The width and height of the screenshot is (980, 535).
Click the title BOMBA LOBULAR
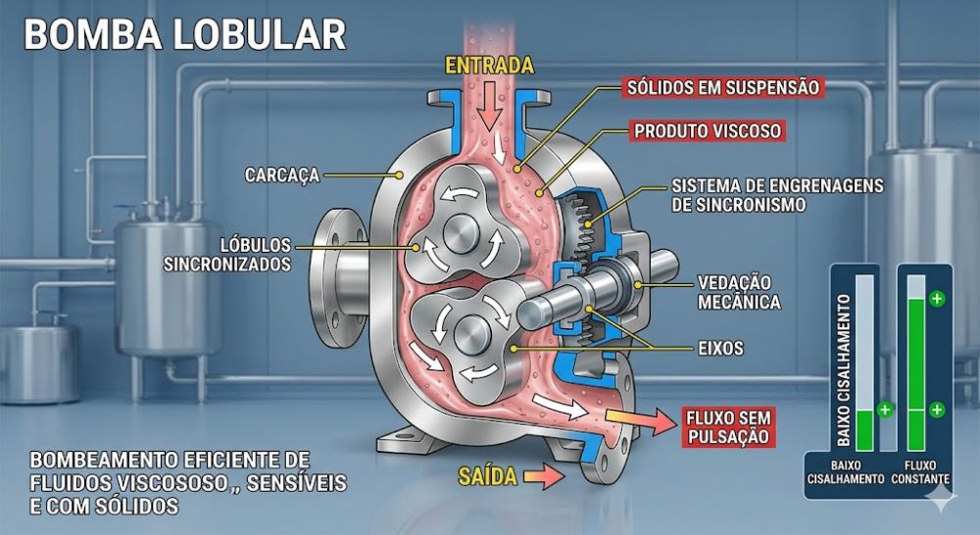[185, 34]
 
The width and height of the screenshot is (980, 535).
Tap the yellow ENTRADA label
[489, 67]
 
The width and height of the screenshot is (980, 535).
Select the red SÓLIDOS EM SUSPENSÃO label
[723, 86]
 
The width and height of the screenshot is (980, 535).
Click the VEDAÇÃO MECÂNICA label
[739, 292]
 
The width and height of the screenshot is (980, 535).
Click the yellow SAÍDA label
[488, 477]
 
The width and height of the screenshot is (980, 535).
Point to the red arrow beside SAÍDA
[543, 477]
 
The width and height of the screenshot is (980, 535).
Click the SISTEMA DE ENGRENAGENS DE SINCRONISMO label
[778, 195]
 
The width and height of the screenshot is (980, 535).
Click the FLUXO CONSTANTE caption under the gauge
[919, 471]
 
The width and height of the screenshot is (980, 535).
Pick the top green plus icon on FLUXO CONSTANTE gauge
[938, 298]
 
